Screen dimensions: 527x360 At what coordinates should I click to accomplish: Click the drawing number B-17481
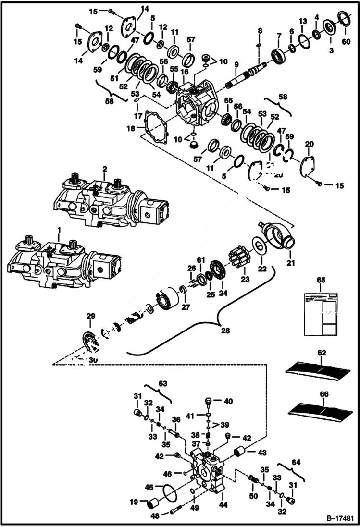click(x=341, y=519)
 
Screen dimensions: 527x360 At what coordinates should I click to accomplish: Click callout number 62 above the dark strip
click(x=321, y=353)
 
